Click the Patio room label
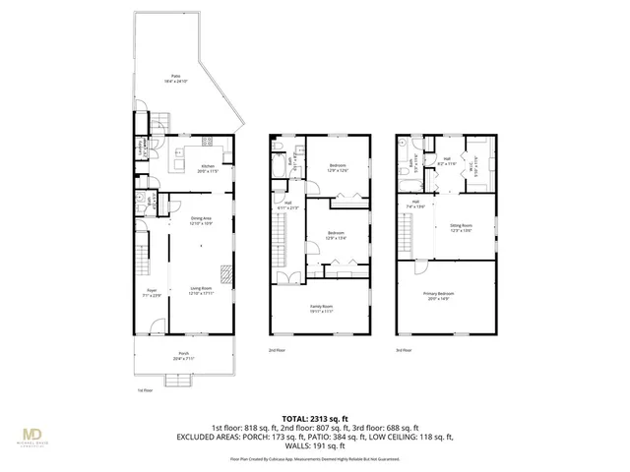175,78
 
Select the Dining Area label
203,222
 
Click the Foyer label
153,292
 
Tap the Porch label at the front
183,356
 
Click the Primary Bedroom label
450,296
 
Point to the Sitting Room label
462,227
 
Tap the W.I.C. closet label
475,163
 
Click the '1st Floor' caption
145,390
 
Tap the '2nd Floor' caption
277,350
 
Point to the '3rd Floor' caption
405,350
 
